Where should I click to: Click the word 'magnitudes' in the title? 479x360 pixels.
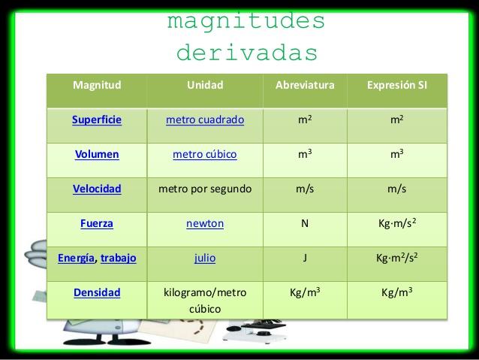246,20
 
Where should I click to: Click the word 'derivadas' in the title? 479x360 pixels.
247,53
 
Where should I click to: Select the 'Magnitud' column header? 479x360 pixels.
97,85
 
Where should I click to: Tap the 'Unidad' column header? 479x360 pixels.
205,85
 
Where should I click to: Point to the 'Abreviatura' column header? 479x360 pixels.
305,85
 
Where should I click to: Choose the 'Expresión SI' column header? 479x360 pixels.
396,85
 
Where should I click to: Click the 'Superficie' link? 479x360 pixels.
97,119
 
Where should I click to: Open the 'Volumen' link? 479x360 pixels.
97,154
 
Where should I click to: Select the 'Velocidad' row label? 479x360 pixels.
97,189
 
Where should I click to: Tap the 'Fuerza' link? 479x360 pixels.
97,223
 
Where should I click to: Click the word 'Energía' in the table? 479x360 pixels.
77,258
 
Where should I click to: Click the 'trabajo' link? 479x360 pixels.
119,258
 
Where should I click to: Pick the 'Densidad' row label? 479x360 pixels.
97,292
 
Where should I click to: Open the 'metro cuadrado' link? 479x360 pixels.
205,119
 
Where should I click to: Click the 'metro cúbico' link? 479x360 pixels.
205,154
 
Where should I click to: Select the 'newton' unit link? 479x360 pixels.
205,223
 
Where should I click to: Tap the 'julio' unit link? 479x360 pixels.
205,258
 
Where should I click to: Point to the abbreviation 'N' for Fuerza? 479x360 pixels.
305,223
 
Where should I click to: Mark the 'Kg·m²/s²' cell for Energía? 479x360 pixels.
396,258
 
